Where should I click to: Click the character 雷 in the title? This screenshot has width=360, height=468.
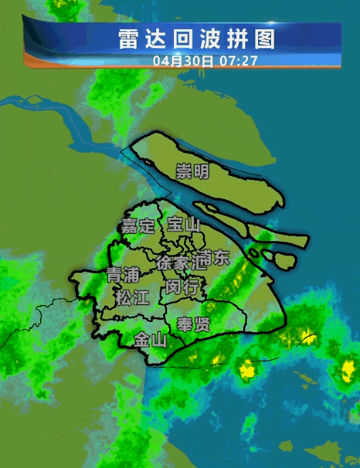pyautogui.click(x=128, y=39)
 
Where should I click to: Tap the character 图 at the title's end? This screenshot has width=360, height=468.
pyautogui.click(x=266, y=39)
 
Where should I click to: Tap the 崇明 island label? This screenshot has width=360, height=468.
pyautogui.click(x=192, y=171)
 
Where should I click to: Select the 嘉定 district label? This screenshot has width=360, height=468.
pyautogui.click(x=139, y=226)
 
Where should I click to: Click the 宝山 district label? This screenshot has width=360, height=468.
pyautogui.click(x=183, y=224)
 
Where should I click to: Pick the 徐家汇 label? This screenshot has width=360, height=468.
pyautogui.click(x=181, y=262)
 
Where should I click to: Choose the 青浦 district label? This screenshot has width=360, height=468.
pyautogui.click(x=123, y=275)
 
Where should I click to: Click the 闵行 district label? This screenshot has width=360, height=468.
pyautogui.click(x=182, y=287)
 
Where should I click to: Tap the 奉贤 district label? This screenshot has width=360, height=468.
pyautogui.click(x=193, y=324)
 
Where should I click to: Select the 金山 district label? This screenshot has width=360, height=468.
pyautogui.click(x=150, y=340)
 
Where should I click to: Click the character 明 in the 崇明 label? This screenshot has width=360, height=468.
pyautogui.click(x=201, y=171)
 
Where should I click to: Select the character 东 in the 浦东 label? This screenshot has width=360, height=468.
pyautogui.click(x=221, y=258)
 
